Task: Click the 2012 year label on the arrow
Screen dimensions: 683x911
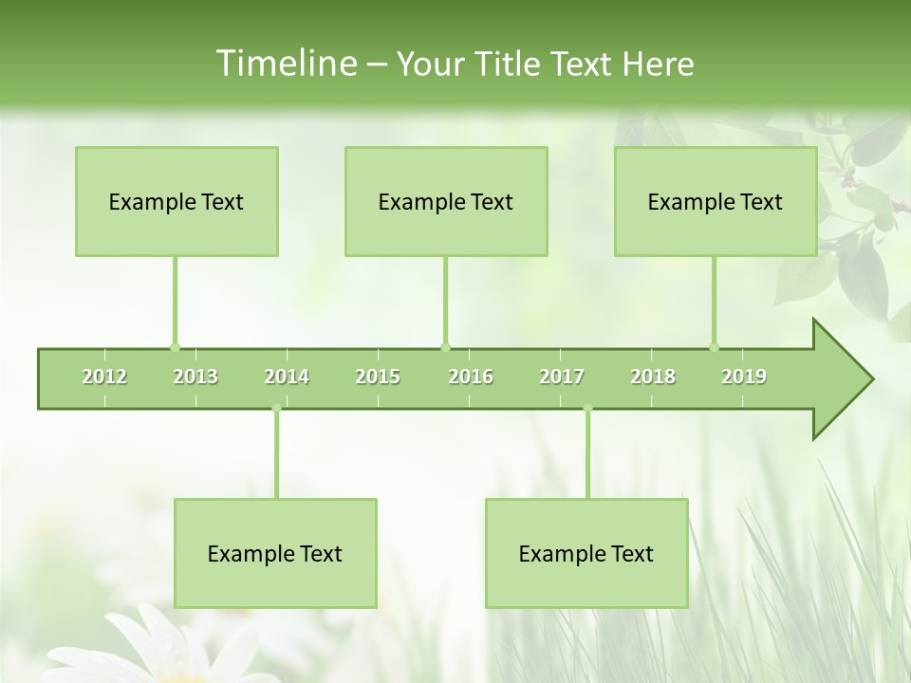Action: click(x=104, y=377)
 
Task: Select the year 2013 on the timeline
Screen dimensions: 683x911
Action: click(x=195, y=377)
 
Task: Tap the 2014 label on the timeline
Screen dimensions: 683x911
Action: click(x=287, y=377)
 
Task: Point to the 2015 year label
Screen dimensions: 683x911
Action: click(x=378, y=377)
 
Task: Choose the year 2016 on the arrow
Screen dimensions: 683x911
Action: click(x=471, y=377)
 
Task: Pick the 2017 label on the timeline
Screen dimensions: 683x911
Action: click(x=562, y=377)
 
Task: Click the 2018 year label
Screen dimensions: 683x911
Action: click(x=653, y=377)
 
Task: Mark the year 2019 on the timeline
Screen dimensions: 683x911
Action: click(x=744, y=377)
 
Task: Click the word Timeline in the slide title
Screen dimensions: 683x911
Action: click(x=286, y=64)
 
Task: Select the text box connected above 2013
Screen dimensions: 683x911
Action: click(x=177, y=201)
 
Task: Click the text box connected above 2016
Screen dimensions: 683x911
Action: click(x=446, y=201)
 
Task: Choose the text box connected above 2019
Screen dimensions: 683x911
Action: click(x=716, y=201)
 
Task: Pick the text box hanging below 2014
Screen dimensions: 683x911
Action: click(x=275, y=553)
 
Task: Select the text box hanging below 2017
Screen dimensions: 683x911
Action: click(x=586, y=553)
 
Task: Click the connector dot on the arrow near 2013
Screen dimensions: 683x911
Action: click(x=175, y=347)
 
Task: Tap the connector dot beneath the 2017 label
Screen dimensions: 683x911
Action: click(x=587, y=409)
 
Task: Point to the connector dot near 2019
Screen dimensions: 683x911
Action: click(x=715, y=347)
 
